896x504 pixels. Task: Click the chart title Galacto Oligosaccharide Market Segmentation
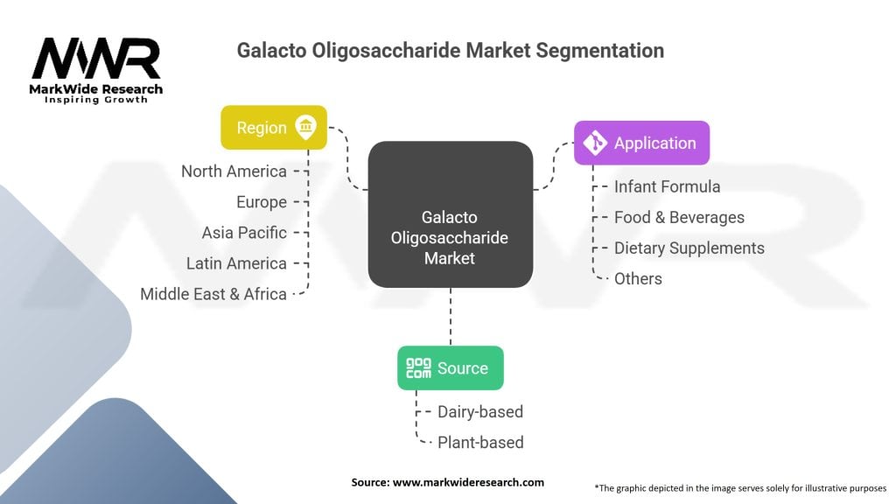pos(450,51)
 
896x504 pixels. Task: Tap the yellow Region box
pos(273,128)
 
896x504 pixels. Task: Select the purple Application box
pos(641,143)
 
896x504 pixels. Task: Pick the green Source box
pos(450,367)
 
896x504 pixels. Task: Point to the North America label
pos(234,171)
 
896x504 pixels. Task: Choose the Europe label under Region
pos(261,202)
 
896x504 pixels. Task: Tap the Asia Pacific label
pos(244,233)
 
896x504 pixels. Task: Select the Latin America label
pos(236,263)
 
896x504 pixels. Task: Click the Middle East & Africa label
pos(213,294)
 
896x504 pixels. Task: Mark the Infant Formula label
pos(667,186)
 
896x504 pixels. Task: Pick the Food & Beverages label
pos(679,217)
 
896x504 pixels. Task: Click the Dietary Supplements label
pos(689,248)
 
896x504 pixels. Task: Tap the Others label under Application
pos(638,278)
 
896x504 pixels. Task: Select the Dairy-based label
pos(480,411)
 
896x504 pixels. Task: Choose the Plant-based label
pos(480,442)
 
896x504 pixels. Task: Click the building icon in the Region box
pos(305,128)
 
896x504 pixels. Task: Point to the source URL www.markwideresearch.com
pos(447,482)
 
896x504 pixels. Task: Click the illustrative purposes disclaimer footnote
pos(740,486)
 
